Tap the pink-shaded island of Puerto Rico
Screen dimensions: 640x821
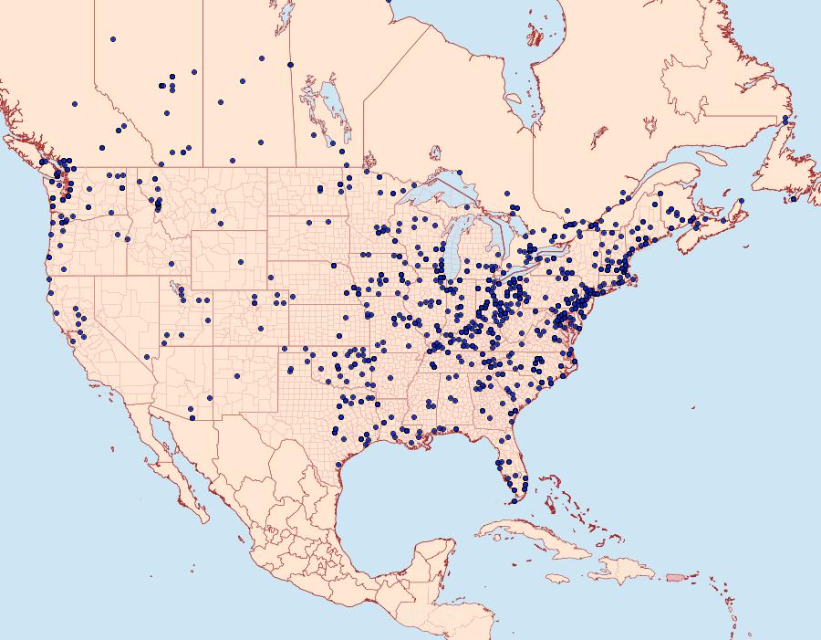coord(675,577)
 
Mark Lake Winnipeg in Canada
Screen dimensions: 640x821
coord(334,110)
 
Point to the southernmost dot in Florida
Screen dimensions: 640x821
coord(514,500)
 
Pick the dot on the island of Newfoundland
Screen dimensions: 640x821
coord(794,199)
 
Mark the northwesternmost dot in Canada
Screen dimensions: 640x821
coord(112,39)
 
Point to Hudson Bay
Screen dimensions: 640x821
coord(474,37)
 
